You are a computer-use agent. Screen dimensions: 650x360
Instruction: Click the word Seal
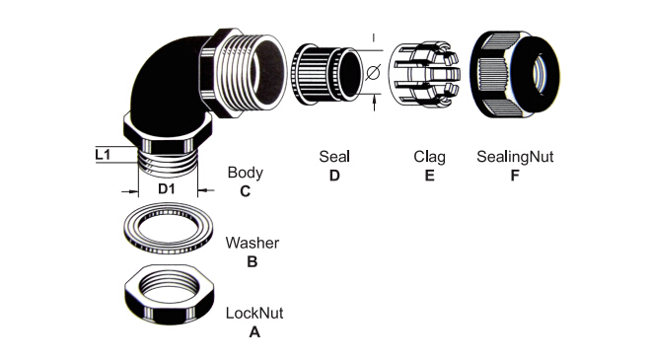coord(334,157)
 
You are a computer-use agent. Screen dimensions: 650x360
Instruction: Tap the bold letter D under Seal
coord(334,176)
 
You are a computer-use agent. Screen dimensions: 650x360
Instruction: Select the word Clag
coord(429,158)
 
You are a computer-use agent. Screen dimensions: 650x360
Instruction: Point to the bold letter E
coord(429,176)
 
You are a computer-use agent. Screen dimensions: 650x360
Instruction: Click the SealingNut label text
coord(515,157)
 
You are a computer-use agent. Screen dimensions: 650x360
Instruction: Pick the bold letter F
coord(515,176)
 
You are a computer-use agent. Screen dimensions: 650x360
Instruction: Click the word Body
coord(245,174)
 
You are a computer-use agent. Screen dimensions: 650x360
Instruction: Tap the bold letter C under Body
coord(245,191)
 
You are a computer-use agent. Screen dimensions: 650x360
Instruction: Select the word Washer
coord(253,243)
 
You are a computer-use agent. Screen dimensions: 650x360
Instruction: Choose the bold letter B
coord(253,262)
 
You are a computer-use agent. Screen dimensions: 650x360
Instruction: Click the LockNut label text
coord(254,313)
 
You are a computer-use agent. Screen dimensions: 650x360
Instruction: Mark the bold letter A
coord(254,332)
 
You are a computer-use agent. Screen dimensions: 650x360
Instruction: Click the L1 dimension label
coord(103,155)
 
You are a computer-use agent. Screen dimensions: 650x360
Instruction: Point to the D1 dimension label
coord(167,189)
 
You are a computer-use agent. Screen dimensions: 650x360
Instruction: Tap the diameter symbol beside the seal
coord(373,73)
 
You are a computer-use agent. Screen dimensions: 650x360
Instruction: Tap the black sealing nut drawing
coord(515,74)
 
